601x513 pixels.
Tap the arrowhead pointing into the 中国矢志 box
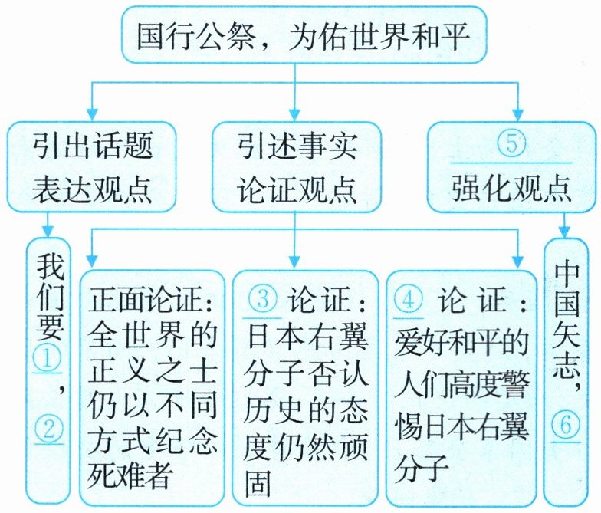pos(567,232)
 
